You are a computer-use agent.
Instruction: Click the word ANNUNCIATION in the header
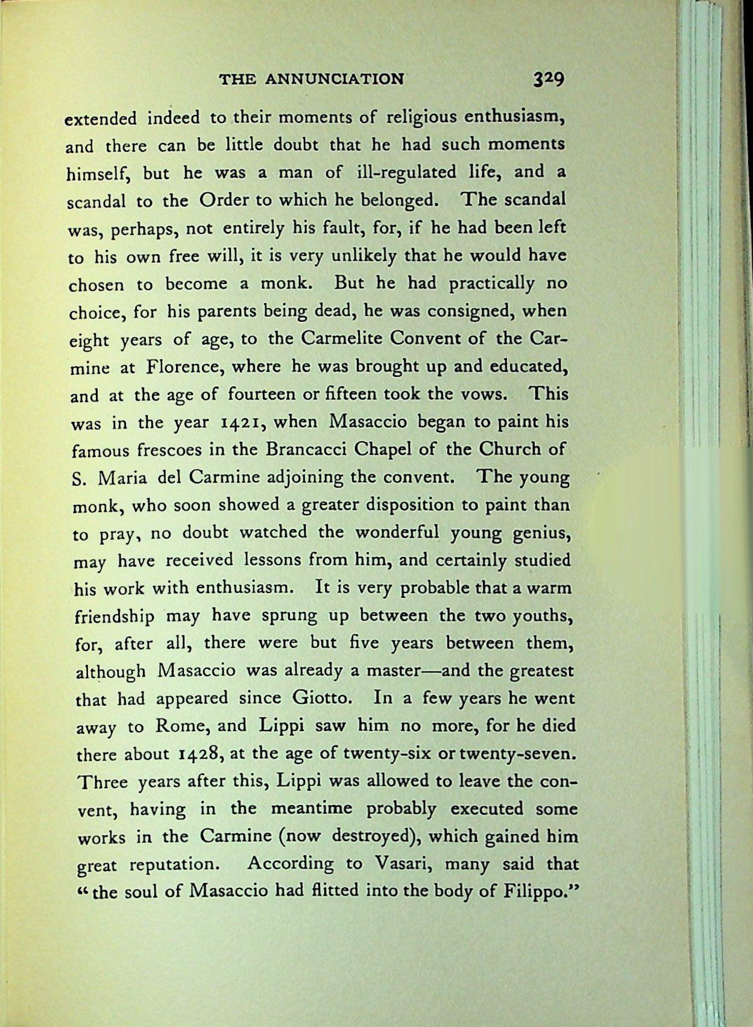point(335,79)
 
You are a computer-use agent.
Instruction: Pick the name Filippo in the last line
point(538,891)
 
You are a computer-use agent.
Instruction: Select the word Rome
point(181,726)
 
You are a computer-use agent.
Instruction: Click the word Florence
point(183,366)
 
